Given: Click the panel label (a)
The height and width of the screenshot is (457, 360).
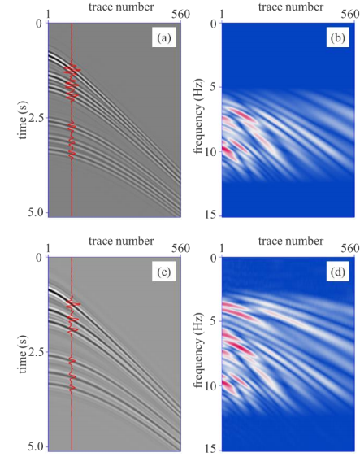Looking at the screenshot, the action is pos(163,38).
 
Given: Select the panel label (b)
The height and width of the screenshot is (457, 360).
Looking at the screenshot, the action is pos(337,38).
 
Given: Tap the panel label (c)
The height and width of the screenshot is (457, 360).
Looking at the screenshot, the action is pos(163,272).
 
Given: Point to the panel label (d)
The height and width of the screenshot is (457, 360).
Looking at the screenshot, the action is pos(337,272).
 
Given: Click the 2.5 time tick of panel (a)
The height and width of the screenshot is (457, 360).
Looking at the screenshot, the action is pos(37,118).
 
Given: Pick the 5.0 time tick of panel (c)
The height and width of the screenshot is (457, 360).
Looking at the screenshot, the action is pos(37,446).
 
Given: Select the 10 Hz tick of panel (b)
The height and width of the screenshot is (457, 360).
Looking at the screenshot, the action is pos(214,152).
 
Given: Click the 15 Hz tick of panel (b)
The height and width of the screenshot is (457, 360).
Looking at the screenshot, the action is pos(214,215).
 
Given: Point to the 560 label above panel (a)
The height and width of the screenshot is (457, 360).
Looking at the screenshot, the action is pos(181,14).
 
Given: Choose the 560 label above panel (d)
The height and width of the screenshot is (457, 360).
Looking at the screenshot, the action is pos(351,248).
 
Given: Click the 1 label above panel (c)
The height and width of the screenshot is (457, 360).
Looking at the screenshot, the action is pos(48,248).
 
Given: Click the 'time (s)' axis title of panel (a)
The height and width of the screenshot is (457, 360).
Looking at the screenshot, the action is pos(23,120).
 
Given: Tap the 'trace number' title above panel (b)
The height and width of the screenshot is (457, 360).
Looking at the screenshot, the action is pos(291,7).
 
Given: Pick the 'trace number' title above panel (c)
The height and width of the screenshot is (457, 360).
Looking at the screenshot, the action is pos(121,241).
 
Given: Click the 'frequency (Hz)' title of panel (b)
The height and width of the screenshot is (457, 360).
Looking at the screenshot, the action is pos(198,116).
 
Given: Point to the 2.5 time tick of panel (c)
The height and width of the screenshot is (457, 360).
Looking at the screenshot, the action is pos(37,352).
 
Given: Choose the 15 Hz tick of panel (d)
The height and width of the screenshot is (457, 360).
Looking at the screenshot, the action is pos(214,450).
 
